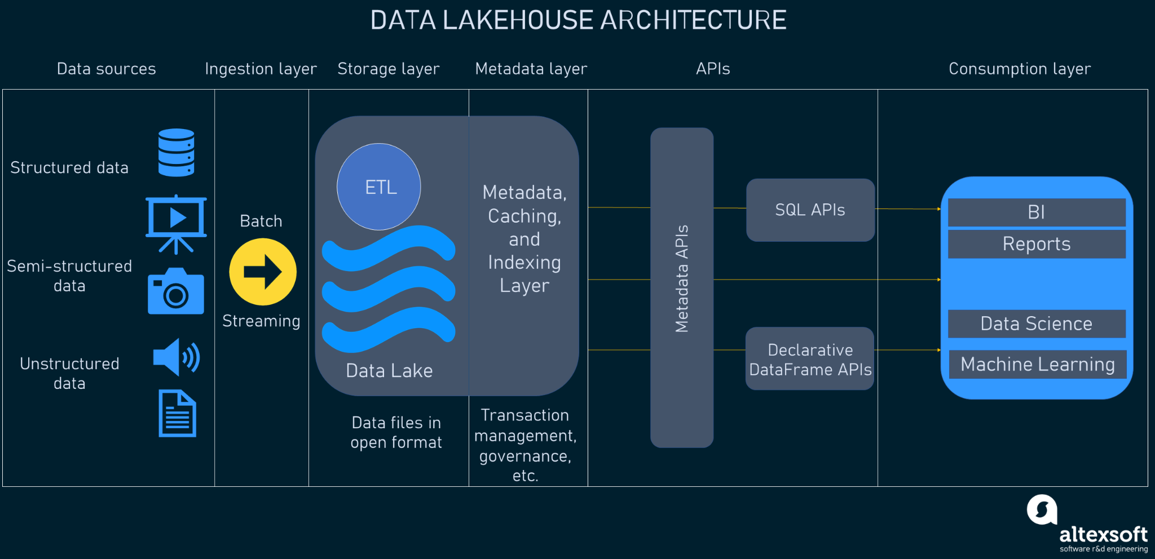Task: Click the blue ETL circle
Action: (x=379, y=187)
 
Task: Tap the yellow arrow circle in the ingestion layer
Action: (x=263, y=272)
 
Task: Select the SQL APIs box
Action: (x=810, y=210)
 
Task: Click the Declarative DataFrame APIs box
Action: (x=810, y=359)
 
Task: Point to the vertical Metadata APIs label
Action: (x=682, y=279)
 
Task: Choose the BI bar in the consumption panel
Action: (x=1037, y=212)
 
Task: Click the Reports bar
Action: (x=1037, y=244)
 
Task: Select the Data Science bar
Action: (x=1037, y=323)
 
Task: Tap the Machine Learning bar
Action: (x=1038, y=364)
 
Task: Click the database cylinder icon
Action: (x=177, y=153)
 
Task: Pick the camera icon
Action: (x=176, y=292)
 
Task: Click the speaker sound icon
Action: (x=176, y=357)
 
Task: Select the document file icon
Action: (x=177, y=413)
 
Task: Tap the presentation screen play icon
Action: (x=176, y=223)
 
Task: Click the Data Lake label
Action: (x=389, y=370)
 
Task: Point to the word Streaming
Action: (x=261, y=321)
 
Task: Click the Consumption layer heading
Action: (x=1020, y=69)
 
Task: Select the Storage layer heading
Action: (x=388, y=69)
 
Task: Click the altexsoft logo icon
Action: (x=1042, y=509)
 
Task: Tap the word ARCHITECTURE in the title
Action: (x=693, y=20)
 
